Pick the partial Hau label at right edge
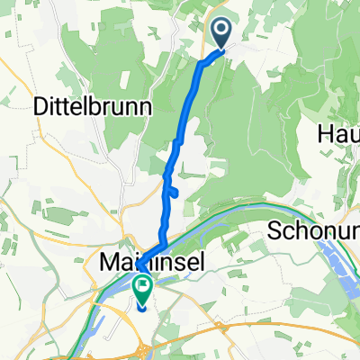pos(338,133)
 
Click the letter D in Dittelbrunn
pos(40,106)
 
